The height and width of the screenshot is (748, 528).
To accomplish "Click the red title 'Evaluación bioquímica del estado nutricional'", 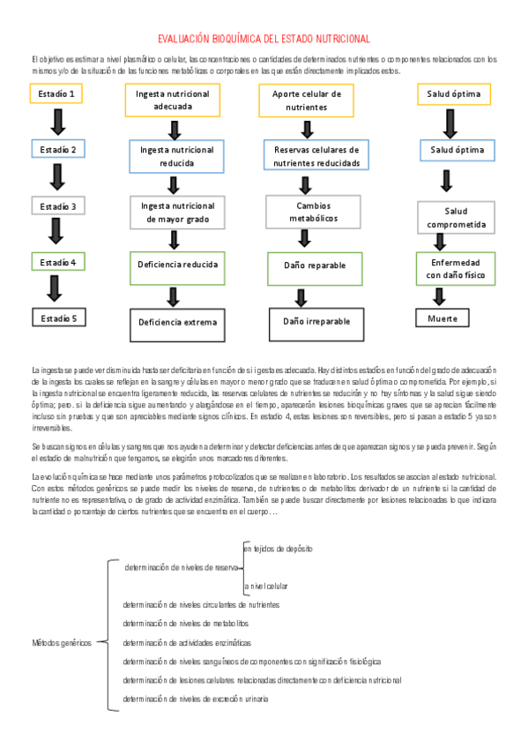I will coord(264,39).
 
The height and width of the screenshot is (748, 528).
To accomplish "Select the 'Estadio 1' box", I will coord(57,93).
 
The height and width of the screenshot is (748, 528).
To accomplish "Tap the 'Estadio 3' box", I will coord(57,206).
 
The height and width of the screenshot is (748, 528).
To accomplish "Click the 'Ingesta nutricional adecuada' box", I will coord(173,100).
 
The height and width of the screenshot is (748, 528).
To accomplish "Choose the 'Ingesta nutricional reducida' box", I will coord(177,156).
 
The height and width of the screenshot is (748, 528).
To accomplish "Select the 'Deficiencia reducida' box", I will coord(177,264).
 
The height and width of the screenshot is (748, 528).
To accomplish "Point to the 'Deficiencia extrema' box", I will coord(177,322).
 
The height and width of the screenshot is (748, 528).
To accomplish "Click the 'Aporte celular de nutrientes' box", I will coord(307,100).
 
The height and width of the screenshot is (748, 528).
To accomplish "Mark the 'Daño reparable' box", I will coord(315,265).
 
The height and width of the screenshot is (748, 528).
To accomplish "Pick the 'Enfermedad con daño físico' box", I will coord(456,269).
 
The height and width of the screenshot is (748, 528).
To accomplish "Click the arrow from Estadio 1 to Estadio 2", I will coord(58,121).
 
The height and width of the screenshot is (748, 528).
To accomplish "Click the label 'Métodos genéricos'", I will coord(62,643).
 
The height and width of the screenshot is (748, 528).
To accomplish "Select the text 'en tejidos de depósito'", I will coord(278,549).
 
